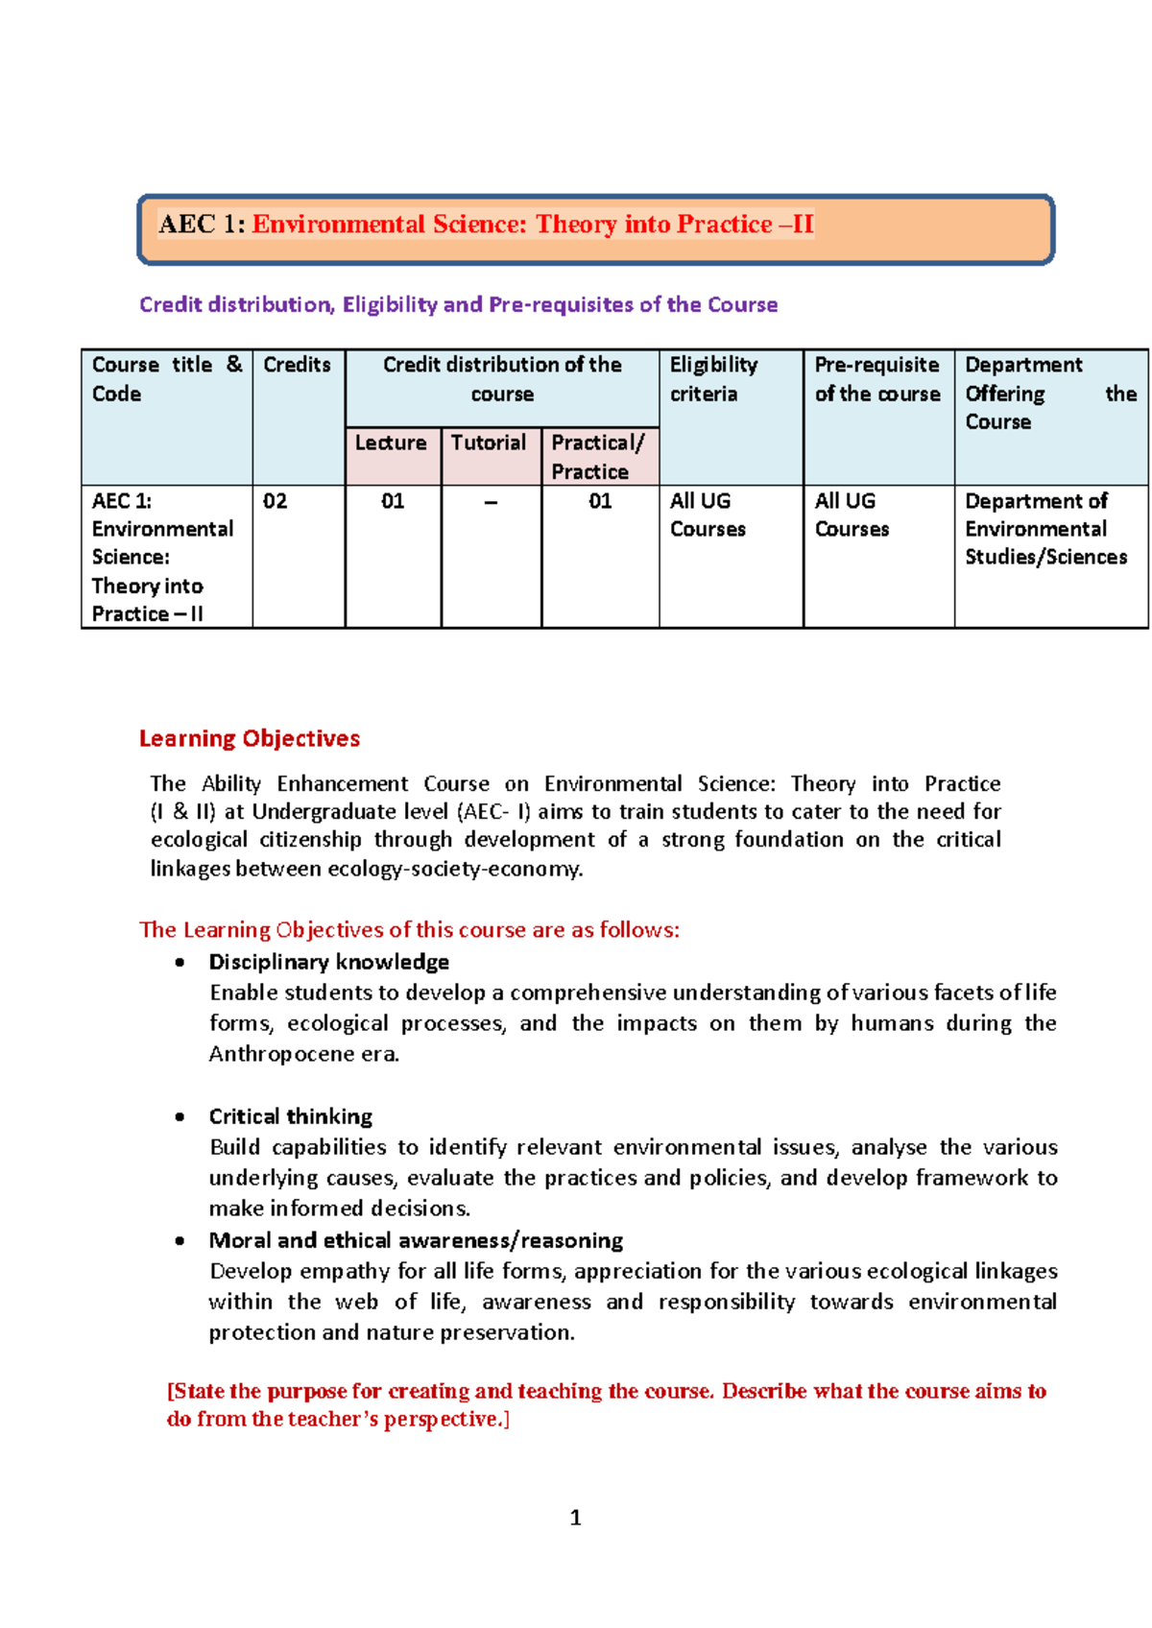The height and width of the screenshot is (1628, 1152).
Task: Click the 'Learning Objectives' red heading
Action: point(250,738)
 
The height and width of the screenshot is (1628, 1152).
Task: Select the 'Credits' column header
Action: point(297,365)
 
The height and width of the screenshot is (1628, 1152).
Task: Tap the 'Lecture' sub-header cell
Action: point(391,443)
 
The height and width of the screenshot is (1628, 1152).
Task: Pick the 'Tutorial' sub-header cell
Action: point(489,443)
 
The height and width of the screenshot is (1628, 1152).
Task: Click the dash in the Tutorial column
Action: point(491,502)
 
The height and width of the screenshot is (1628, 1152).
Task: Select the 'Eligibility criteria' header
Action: point(713,379)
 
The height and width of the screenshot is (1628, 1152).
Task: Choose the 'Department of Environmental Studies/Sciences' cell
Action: point(1045,529)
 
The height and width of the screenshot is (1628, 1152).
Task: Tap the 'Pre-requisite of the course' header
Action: point(876,379)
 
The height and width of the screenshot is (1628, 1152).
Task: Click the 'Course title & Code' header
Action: point(165,379)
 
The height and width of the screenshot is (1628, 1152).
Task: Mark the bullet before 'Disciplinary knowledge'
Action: point(180,963)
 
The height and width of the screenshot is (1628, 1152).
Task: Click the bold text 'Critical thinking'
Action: point(291,1116)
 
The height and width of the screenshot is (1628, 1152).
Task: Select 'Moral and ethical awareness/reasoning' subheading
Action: point(416,1240)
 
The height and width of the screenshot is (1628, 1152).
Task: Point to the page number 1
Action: point(575,1518)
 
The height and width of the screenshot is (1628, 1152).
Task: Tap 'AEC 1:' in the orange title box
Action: point(202,225)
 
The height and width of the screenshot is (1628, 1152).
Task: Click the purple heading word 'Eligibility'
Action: point(390,304)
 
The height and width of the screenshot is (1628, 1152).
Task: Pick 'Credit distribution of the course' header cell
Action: point(502,379)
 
